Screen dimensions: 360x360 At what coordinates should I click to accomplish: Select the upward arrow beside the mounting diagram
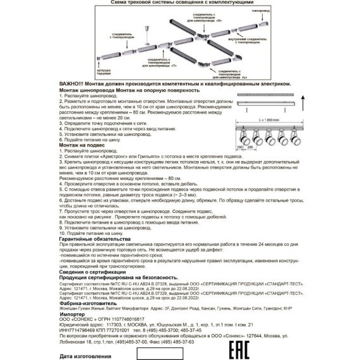(x=302, y=102)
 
